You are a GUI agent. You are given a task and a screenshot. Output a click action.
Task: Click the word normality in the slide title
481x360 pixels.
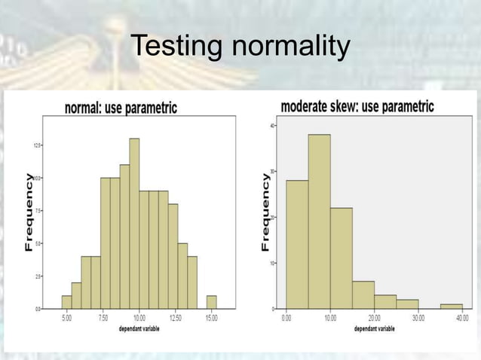pos(291,48)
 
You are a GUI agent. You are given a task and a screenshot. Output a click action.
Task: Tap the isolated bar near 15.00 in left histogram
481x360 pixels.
pos(211,302)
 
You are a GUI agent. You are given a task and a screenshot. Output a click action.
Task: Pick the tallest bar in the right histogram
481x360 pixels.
pos(320,221)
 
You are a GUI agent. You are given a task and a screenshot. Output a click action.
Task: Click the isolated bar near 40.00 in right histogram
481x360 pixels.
pos(452,307)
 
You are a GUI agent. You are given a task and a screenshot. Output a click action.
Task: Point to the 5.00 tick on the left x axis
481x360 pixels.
pos(67,319)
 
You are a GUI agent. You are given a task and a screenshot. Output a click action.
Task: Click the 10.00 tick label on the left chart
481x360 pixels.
pos(139,319)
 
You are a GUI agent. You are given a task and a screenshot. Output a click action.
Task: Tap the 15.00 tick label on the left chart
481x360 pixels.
pos(211,319)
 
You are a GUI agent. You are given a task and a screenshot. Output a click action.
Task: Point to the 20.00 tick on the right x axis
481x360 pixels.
pos(375,319)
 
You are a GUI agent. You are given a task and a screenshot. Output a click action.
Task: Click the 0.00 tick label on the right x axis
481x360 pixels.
pos(286,319)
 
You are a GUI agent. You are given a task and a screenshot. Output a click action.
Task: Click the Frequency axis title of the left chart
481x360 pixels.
pos(29,212)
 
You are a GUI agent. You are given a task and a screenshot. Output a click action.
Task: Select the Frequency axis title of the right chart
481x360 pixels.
pos(265,212)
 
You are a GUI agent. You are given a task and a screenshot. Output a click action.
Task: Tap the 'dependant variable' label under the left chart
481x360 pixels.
pos(138,329)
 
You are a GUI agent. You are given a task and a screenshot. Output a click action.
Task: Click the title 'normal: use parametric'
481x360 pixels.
pos(121,108)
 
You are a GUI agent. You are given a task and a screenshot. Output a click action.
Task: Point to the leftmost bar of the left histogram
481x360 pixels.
pos(67,302)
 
